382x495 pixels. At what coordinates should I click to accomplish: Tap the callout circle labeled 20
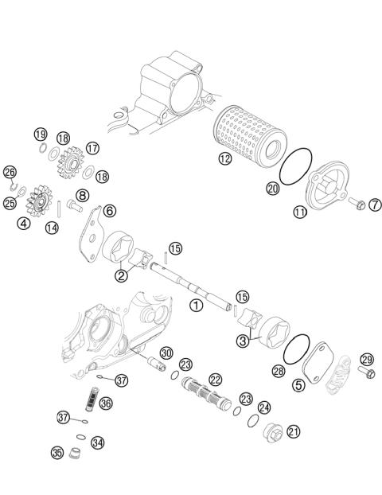(273, 189)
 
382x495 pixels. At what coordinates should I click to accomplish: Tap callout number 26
(10, 172)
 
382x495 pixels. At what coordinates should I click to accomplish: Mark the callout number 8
(82, 194)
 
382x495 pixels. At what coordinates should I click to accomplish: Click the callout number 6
(109, 210)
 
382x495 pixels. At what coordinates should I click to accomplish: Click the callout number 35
(57, 452)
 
